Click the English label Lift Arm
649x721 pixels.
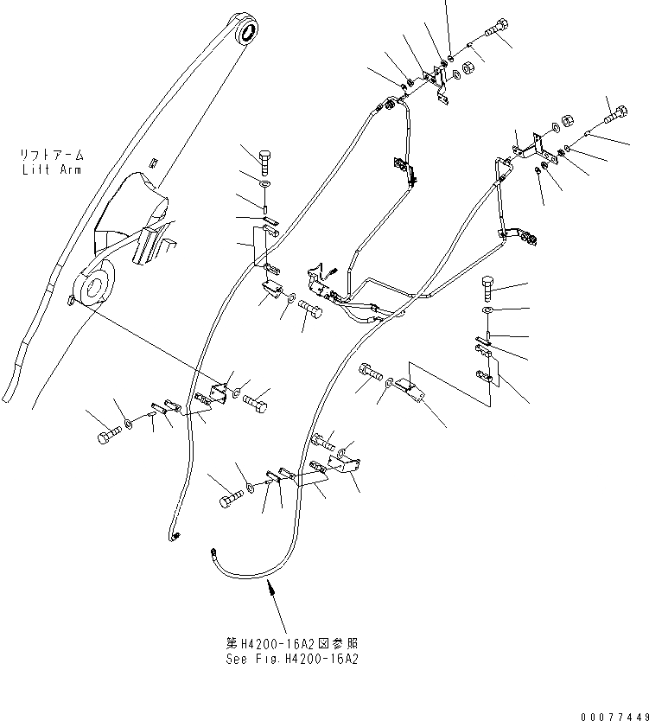51,169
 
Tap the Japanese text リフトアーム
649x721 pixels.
51,156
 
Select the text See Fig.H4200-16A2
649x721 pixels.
290,659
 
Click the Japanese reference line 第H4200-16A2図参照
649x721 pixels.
290,644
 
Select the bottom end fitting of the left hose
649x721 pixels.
174,538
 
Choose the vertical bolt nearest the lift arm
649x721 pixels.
265,162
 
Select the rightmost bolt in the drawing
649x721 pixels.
616,112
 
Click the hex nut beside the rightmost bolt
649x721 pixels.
569,122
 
